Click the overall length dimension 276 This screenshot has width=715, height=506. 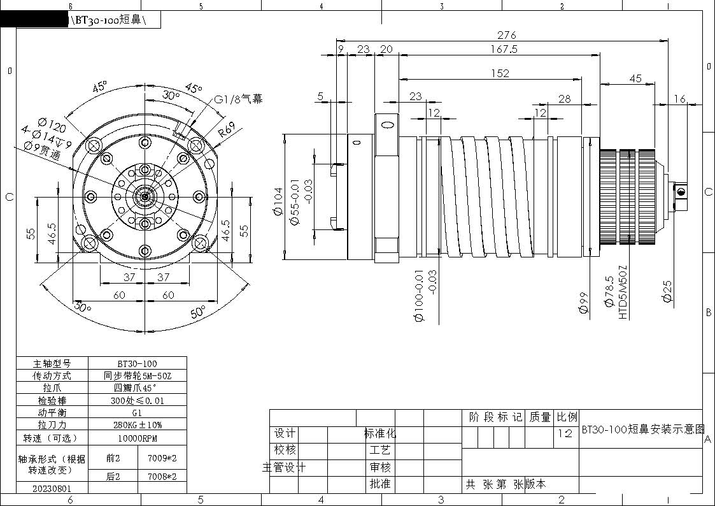click(506, 35)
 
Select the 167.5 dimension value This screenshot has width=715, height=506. click(504, 49)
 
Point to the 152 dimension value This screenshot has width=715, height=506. click(500, 73)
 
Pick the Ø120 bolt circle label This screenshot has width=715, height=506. click(52, 123)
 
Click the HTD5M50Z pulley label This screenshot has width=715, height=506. click(623, 292)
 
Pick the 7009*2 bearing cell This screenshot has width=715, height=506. click(162, 458)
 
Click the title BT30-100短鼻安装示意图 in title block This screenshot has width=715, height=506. click(642, 429)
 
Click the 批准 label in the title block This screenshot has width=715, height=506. click(380, 484)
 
